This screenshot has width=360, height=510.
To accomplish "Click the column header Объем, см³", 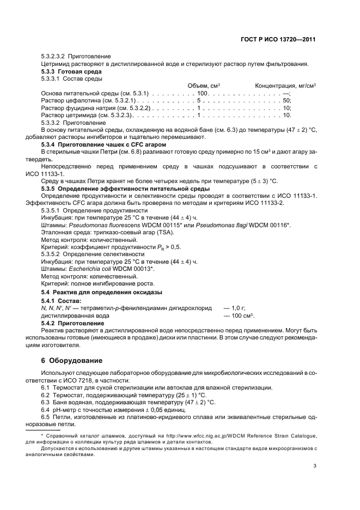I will point(204,86).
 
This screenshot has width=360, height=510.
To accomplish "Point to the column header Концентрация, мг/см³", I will point(286,86).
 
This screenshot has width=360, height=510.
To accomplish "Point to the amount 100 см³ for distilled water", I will point(243,315).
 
